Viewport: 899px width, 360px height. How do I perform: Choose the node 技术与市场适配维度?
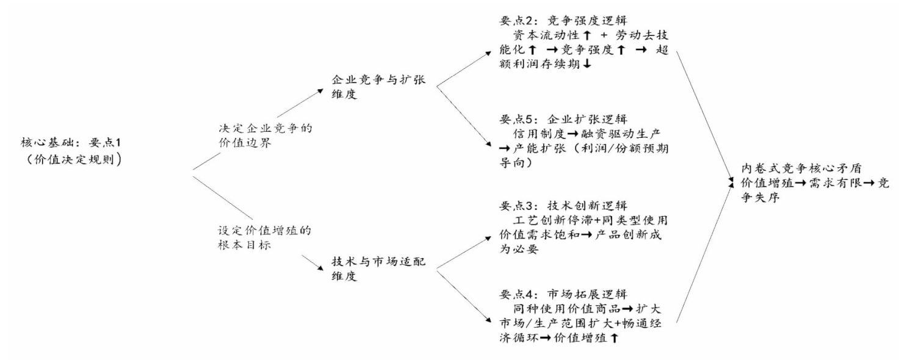pos(370,268)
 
